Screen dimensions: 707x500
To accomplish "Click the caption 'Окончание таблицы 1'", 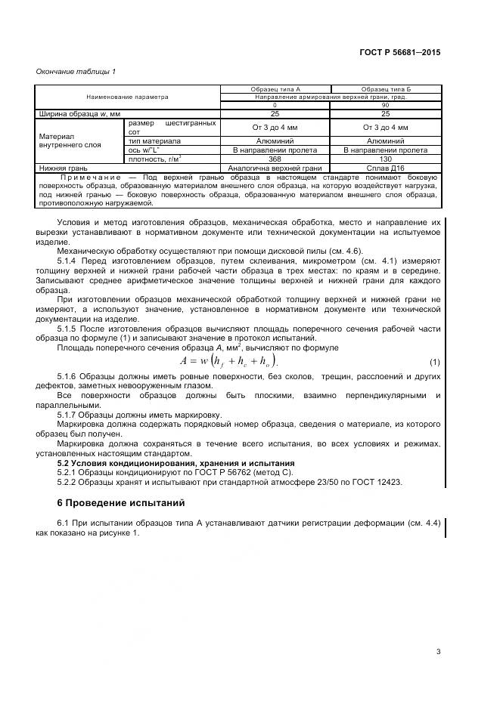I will [x=76, y=72].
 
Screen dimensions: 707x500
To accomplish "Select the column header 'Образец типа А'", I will [x=275, y=89].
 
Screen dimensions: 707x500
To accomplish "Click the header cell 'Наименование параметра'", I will [x=127, y=97].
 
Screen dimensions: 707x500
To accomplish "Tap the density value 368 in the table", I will [x=275, y=159].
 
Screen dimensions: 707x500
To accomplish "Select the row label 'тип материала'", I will [x=155, y=140].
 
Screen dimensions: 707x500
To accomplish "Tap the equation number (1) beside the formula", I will [x=434, y=362].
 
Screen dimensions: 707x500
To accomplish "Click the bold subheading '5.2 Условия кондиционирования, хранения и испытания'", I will [x=176, y=463].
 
